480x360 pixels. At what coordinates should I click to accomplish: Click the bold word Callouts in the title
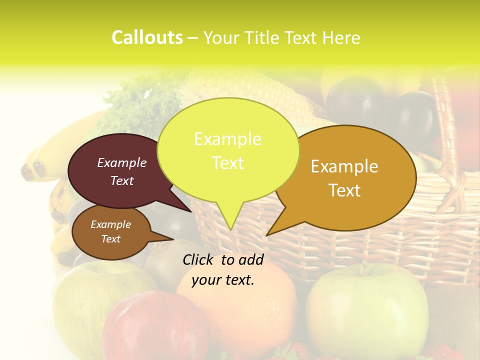(147, 38)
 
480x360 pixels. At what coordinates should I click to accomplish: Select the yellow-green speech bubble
(228, 150)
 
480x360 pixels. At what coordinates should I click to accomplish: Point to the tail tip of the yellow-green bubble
(230, 228)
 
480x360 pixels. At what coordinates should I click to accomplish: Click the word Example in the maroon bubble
(121, 162)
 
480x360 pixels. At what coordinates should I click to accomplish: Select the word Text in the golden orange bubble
(345, 190)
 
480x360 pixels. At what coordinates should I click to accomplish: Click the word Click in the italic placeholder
(198, 259)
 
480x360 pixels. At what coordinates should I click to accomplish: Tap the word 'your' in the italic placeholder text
(206, 280)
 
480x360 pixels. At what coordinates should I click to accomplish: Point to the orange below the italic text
(240, 310)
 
